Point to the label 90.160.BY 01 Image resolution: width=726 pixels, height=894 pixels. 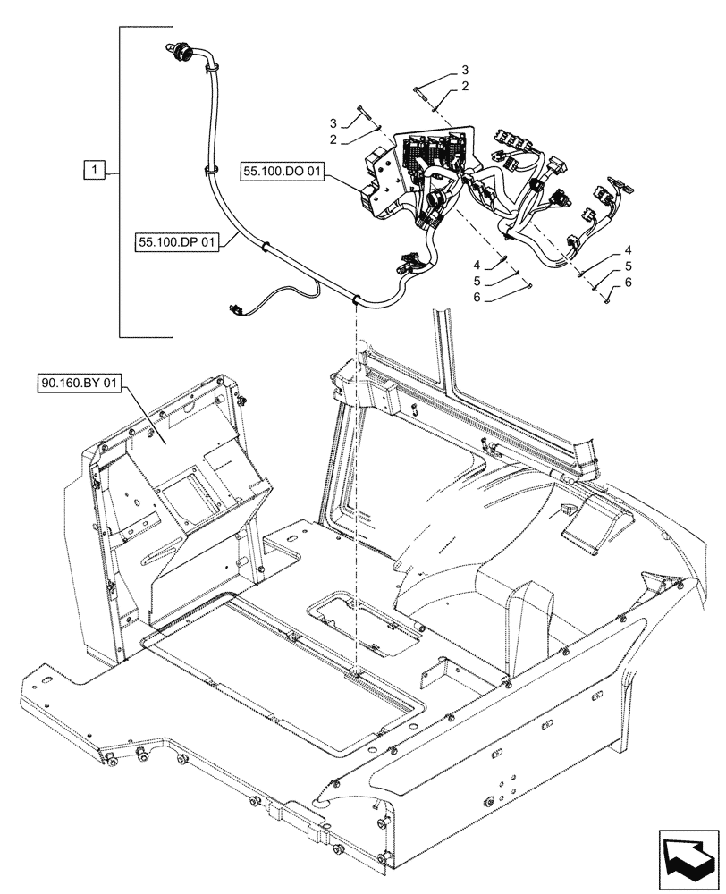[79, 384]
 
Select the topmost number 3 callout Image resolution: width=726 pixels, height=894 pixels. [466, 70]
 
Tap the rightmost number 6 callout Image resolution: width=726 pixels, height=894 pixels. [629, 282]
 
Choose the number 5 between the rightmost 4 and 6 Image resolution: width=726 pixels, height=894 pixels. [629, 266]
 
